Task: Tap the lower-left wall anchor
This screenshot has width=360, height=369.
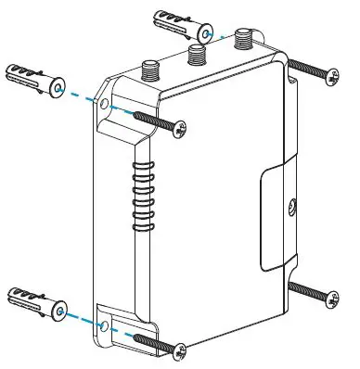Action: click(x=34, y=304)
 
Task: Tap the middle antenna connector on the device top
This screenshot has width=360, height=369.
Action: click(x=196, y=54)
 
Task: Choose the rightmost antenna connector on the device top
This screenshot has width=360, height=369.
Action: click(x=244, y=40)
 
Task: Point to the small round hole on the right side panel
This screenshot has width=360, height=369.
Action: click(x=292, y=207)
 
